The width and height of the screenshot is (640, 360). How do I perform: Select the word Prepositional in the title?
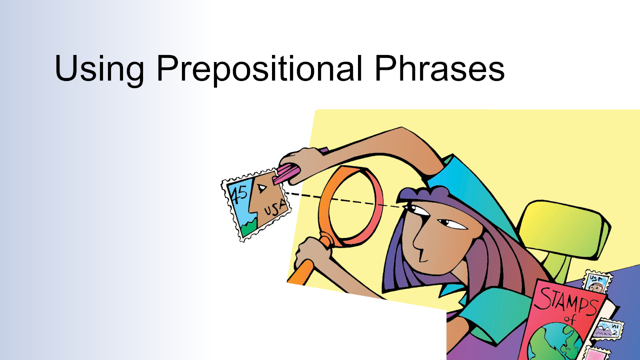click(x=259, y=68)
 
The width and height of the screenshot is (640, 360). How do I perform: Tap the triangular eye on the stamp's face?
click(x=261, y=188)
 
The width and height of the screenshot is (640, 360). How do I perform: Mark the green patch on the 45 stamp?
click(x=249, y=228)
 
